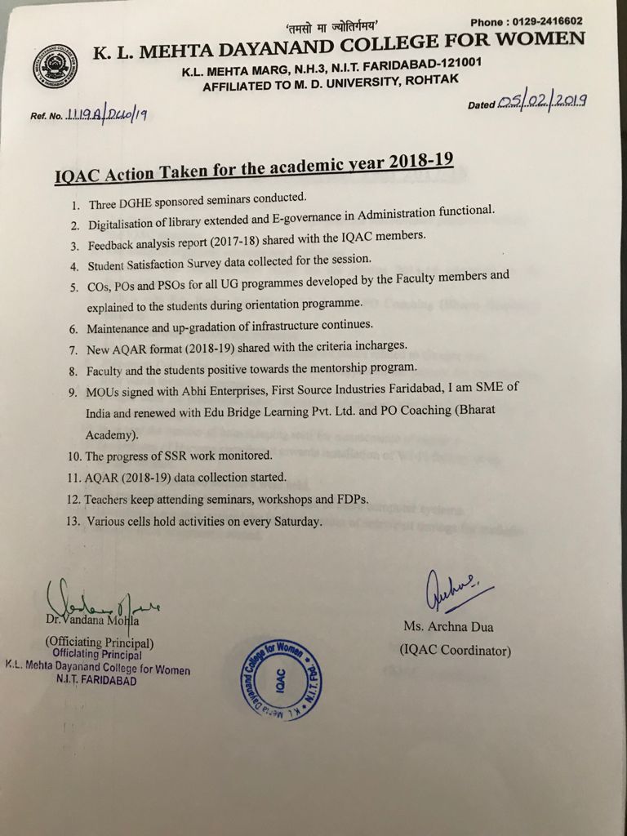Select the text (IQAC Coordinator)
[456, 651]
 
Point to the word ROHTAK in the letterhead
[429, 78]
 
